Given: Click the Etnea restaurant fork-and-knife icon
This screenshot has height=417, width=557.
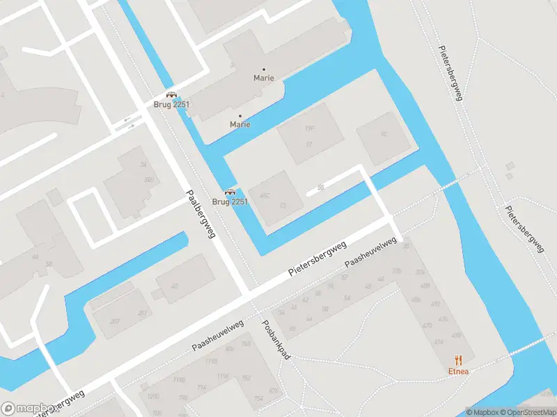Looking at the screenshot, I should click(x=457, y=359).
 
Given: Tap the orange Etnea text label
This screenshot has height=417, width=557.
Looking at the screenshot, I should click(x=458, y=371).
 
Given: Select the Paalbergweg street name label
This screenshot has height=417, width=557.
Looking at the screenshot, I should click(x=201, y=214).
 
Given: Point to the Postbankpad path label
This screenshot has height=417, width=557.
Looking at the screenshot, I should click(x=275, y=339).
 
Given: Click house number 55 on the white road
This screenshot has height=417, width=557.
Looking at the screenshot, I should click(x=320, y=188).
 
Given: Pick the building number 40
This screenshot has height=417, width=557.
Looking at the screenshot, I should click(x=174, y=286).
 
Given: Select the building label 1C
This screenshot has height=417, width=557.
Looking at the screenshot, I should click(x=383, y=134).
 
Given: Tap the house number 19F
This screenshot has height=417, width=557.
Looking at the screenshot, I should click(x=310, y=129).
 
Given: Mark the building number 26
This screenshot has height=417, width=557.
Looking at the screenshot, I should click(x=143, y=165).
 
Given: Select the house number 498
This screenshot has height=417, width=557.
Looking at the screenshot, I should click(x=456, y=335).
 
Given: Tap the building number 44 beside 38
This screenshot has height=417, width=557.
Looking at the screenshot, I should click(x=34, y=257).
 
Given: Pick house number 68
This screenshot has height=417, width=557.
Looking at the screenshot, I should click(x=292, y=328).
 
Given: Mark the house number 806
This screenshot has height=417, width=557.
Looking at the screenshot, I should click(x=230, y=350).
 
